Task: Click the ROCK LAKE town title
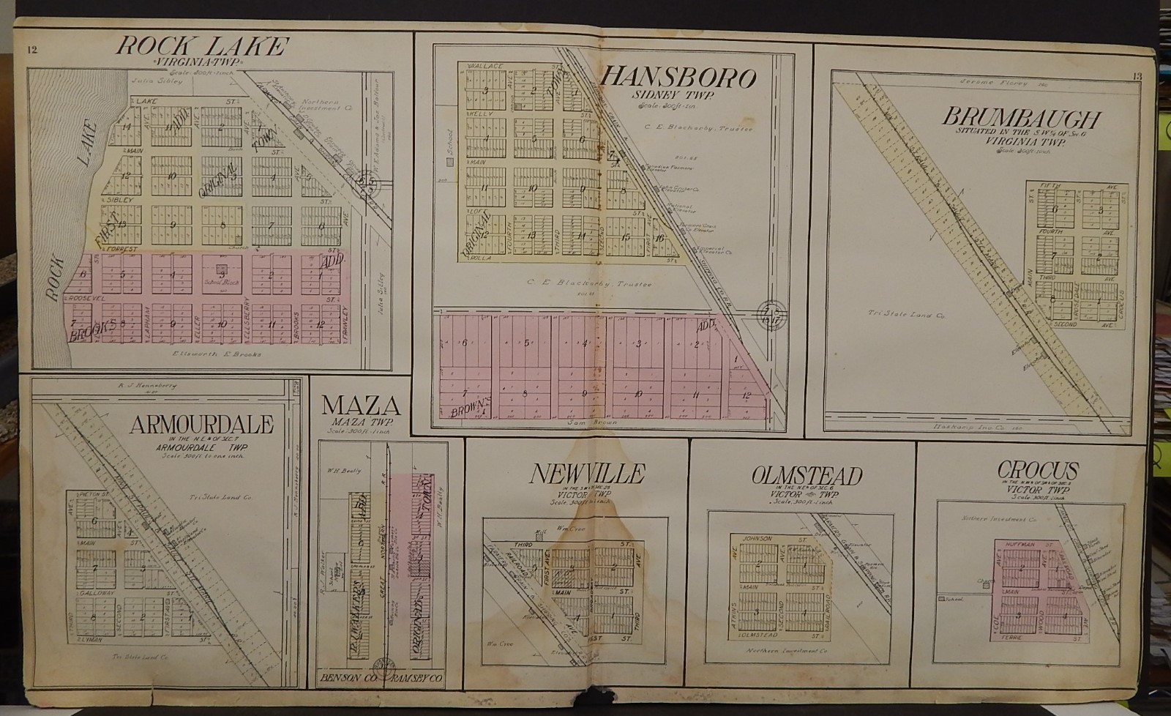(201, 48)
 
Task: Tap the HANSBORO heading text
(678, 77)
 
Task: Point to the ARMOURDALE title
(201, 424)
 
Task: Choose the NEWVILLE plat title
(587, 474)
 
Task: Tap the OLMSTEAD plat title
(807, 475)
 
